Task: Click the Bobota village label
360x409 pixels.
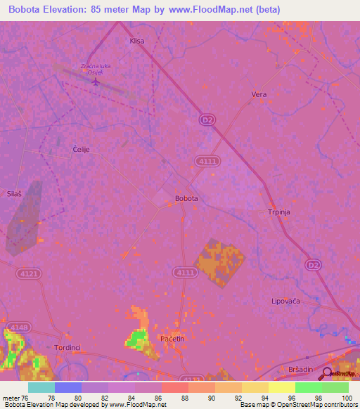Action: [186, 198]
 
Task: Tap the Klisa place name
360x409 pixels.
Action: [136, 41]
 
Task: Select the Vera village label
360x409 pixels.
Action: [259, 93]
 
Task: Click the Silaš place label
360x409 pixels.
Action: [15, 193]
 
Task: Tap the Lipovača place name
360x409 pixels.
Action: [286, 301]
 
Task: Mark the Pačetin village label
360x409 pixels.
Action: [172, 339]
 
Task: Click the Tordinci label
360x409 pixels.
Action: [69, 347]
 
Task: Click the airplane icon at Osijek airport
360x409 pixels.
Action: [96, 81]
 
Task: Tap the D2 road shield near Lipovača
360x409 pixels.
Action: [314, 264]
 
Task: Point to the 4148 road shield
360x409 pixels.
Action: [19, 327]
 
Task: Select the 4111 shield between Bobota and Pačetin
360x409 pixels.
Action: [184, 272]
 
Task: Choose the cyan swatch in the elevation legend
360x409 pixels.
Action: [41, 387]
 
